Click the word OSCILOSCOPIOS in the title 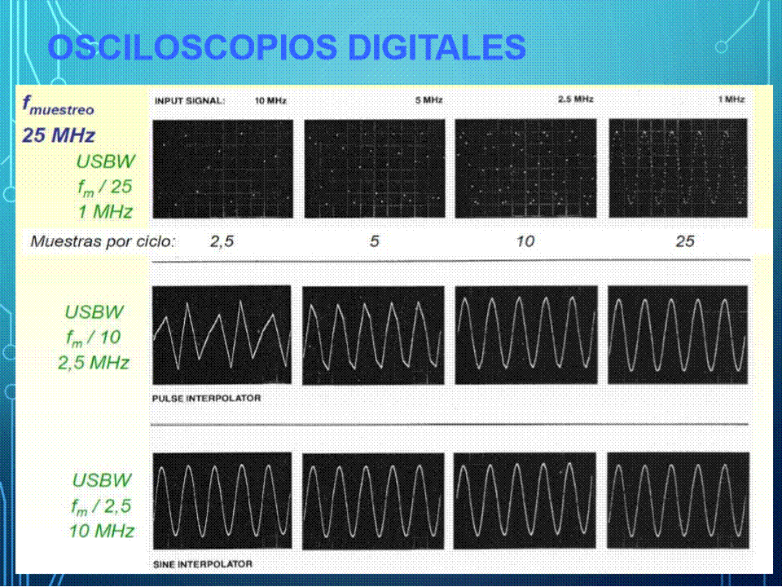193,47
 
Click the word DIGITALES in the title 437,47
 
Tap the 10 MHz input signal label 270,101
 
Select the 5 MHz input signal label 429,100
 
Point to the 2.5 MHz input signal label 576,99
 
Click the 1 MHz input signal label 731,99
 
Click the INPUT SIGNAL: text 190,101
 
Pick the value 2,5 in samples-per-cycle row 222,241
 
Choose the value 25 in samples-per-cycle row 685,241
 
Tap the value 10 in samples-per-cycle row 525,241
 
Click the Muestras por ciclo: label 103,241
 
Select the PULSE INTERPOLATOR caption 206,399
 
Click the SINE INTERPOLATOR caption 203,564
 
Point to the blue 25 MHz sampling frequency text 59,135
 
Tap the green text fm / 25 105,188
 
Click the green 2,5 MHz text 94,363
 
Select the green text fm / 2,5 102,506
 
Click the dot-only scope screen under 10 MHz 223,169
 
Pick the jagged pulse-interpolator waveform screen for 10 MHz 222,334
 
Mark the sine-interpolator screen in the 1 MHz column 679,501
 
